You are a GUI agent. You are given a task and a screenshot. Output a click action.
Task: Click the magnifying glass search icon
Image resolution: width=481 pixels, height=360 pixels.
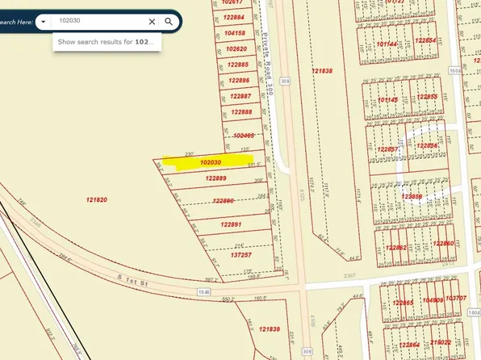click(x=169, y=22)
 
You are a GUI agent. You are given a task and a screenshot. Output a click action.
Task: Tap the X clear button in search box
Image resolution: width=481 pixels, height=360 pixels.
click(x=152, y=22)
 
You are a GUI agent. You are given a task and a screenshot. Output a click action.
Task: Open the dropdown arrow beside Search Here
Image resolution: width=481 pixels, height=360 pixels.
click(x=43, y=22)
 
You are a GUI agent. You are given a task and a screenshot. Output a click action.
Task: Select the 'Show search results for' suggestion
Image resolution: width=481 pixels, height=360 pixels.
click(x=106, y=41)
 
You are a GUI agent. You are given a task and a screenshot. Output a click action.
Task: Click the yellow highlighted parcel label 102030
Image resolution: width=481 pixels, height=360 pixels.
click(x=211, y=162)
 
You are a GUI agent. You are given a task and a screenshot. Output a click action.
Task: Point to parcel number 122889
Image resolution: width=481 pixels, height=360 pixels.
click(x=215, y=178)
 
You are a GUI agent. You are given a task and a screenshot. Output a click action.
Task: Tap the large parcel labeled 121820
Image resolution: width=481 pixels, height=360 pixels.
click(x=97, y=199)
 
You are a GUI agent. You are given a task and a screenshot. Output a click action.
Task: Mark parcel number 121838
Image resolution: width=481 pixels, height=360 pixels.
click(x=321, y=71)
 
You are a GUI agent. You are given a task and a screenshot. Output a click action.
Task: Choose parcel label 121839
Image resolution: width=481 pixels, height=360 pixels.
click(x=268, y=329)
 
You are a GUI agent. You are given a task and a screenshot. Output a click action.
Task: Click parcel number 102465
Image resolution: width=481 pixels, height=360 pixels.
click(x=242, y=136)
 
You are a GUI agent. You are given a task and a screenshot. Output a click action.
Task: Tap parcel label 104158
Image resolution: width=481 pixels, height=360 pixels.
click(x=236, y=33)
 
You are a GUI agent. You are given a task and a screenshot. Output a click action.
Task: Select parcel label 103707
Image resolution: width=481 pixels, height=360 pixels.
click(x=456, y=299)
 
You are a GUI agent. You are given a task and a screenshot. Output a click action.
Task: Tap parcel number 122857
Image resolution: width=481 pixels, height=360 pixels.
click(x=388, y=150)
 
